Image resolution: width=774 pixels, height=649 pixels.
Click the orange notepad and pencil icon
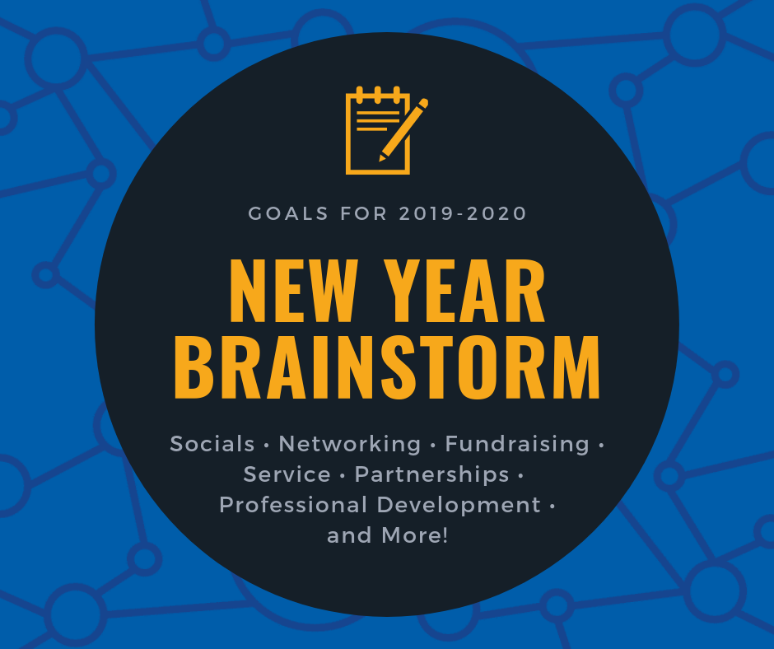[386, 130]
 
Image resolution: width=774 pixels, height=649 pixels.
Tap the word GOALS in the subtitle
[288, 214]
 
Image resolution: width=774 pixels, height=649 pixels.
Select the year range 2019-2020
[463, 214]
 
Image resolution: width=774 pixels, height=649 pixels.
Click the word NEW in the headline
[294, 291]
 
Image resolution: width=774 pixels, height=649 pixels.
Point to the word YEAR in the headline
[465, 291]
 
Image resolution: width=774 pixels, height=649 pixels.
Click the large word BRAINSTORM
[388, 367]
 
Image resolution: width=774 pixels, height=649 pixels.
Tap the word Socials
[212, 444]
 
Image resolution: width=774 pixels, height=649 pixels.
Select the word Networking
[349, 444]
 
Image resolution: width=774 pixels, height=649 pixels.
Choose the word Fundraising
[517, 444]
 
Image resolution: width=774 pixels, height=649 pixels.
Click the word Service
[287, 474]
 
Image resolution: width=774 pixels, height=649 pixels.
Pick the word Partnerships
[432, 475]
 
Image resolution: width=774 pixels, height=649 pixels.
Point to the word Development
[459, 506]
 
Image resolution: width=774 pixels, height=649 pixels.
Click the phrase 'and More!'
[388, 535]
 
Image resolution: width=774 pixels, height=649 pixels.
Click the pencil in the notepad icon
[403, 130]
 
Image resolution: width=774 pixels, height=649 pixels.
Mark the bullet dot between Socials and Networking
[267, 446]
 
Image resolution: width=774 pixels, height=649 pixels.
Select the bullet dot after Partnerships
[520, 476]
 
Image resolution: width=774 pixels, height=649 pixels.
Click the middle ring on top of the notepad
[378, 95]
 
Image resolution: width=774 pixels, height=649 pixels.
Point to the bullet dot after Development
[552, 507]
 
